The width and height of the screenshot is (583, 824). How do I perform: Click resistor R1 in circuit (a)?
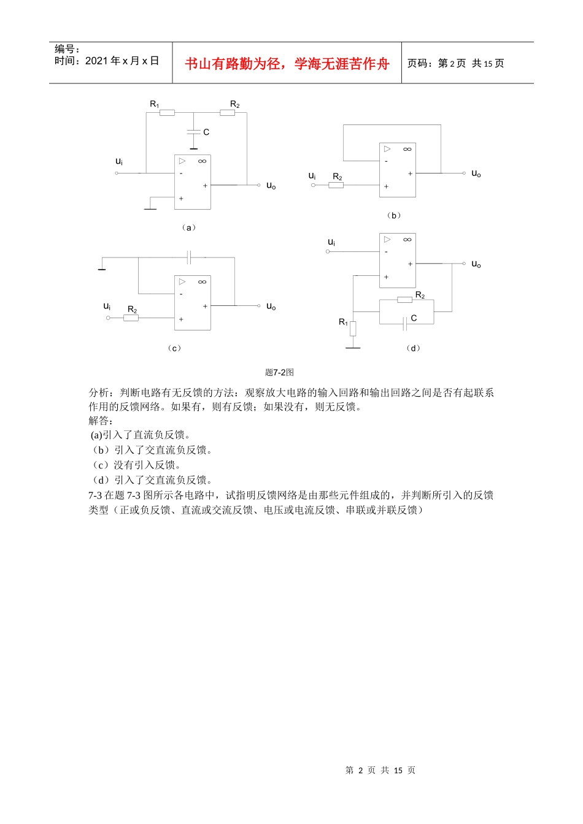166,113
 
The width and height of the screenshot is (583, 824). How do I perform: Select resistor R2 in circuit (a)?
227,113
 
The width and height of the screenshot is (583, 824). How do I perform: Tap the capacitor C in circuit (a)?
193,132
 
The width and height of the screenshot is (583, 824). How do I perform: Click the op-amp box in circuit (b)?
397,170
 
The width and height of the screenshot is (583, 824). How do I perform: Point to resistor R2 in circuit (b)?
336,185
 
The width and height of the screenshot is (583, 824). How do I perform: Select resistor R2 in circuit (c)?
131,318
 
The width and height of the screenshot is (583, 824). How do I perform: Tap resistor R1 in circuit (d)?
353,329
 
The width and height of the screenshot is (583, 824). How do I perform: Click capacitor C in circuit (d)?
404,324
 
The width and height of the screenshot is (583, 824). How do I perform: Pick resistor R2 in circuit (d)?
404,300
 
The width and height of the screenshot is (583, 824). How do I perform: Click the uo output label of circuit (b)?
476,174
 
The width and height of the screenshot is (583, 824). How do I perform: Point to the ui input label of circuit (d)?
331,242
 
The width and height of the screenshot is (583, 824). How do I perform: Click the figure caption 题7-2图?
279,372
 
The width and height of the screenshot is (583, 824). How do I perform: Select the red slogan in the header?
287,64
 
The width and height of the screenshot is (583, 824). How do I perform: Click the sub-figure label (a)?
188,227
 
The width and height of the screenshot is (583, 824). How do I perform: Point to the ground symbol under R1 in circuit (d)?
353,348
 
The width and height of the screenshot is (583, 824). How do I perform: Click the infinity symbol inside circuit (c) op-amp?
202,282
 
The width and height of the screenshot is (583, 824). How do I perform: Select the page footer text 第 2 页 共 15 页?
380,770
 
